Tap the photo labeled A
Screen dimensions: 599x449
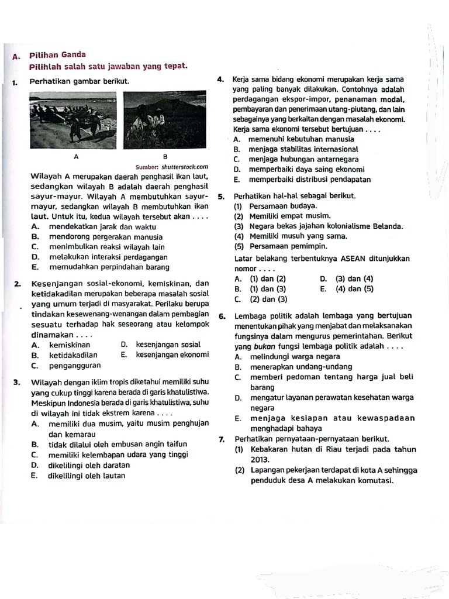pyautogui.click(x=75, y=120)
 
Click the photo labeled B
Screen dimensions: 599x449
pyautogui.click(x=165, y=120)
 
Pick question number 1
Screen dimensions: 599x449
pyautogui.click(x=14, y=82)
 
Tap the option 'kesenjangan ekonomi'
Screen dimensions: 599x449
pyautogui.click(x=172, y=355)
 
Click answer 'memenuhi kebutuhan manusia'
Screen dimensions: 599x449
pyautogui.click(x=301, y=139)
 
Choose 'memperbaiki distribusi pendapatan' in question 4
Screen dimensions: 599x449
pyautogui.click(x=309, y=179)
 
